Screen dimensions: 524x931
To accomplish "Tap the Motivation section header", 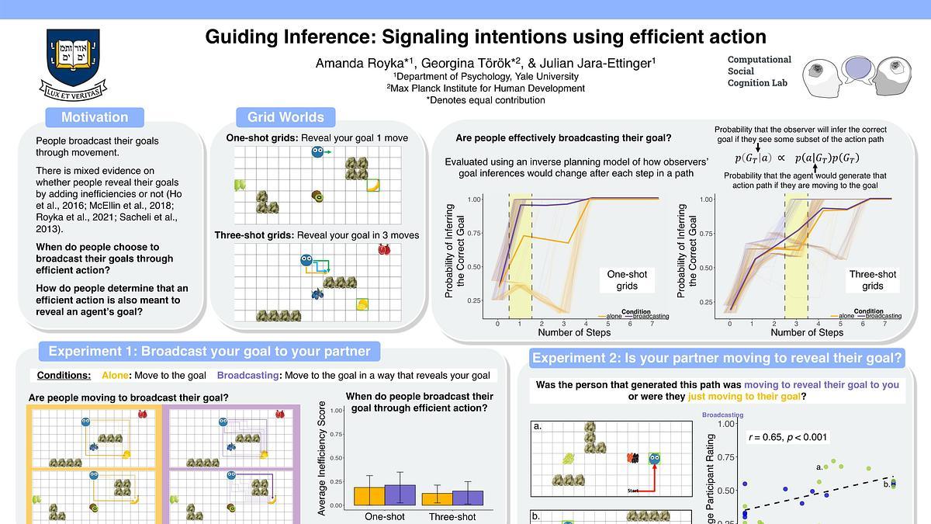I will [x=95, y=117].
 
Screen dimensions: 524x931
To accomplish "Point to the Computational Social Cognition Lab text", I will [x=759, y=71].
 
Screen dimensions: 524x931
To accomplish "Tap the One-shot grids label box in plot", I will [x=627, y=279].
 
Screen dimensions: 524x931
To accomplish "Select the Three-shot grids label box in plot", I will [x=873, y=279].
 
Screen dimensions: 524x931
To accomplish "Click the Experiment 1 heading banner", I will [x=209, y=351].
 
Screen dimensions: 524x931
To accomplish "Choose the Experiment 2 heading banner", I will [x=717, y=358].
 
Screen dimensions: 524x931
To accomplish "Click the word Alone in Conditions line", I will [x=115, y=376].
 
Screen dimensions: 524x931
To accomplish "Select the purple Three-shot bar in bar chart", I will [x=468, y=498].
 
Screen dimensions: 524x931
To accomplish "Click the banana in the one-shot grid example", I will [x=373, y=186].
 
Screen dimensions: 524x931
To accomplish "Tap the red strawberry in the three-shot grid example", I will [x=383, y=249].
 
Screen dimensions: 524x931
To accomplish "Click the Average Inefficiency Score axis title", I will [x=322, y=458].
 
